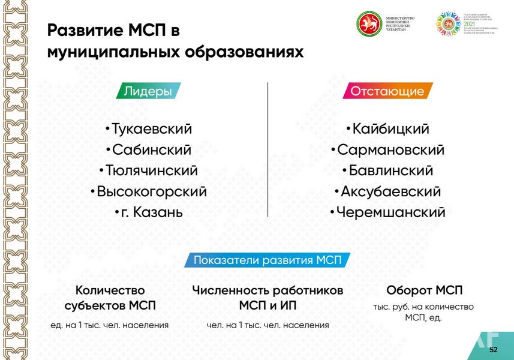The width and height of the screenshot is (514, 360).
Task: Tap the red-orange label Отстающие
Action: (x=387, y=91)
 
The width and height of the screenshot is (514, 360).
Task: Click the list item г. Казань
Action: (x=148, y=212)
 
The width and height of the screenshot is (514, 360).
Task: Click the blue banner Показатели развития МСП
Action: (x=267, y=260)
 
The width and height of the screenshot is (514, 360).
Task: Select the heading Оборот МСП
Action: (x=424, y=290)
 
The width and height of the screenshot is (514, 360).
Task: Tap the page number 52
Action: (x=493, y=349)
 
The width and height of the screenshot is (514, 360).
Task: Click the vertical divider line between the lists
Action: (x=267, y=150)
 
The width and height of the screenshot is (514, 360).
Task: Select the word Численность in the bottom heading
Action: (x=230, y=290)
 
